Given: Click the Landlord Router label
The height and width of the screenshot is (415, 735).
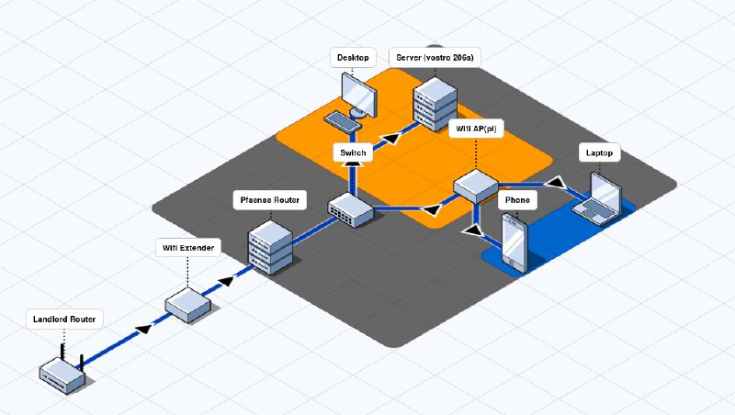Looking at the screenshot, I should [64, 320].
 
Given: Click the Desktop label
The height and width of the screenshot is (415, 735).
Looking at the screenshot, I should [353, 58].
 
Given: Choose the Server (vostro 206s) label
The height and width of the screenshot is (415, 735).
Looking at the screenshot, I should [435, 58].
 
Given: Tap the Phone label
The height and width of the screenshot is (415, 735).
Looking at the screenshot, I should [517, 199].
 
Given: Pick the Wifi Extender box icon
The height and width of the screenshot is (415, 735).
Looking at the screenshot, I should [189, 304].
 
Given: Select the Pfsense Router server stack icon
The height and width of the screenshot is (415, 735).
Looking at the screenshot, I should [270, 246].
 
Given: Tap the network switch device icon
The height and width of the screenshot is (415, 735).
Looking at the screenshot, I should [351, 209].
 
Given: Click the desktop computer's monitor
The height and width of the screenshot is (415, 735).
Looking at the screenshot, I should [357, 91].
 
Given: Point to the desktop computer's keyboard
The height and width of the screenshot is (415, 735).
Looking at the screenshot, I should [343, 120].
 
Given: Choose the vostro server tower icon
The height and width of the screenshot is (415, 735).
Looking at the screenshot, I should [435, 101].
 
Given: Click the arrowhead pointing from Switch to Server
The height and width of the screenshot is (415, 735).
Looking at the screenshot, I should [391, 138].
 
